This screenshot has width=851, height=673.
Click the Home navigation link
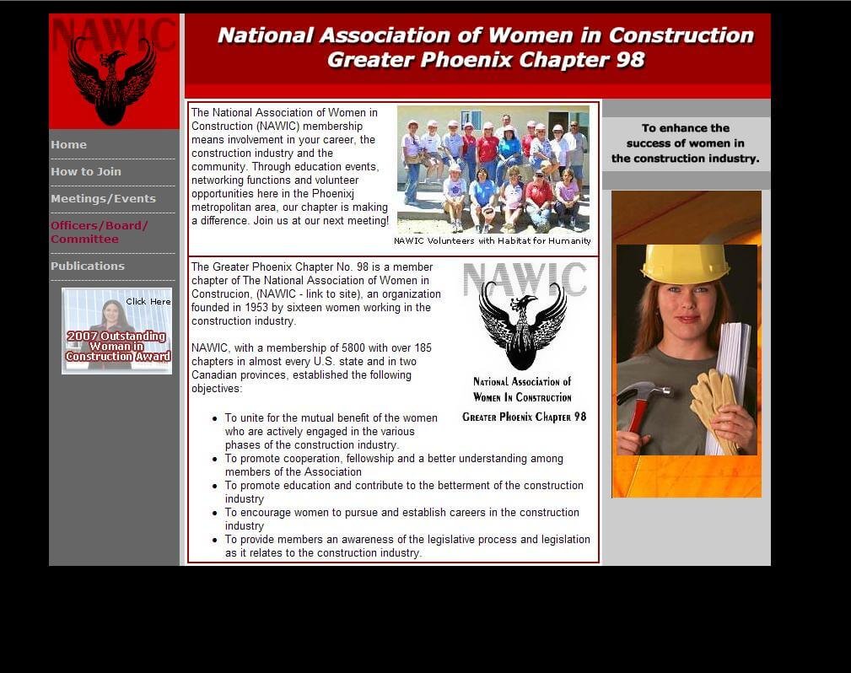click(x=68, y=145)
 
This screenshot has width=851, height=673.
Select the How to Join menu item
click(x=86, y=171)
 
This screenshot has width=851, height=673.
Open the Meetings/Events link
click(x=103, y=199)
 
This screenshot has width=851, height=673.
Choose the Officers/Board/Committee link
click(x=99, y=232)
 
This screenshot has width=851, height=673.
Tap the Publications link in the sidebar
click(x=88, y=266)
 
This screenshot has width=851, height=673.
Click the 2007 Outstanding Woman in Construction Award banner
click(x=116, y=331)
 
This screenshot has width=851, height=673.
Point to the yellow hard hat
click(x=685, y=264)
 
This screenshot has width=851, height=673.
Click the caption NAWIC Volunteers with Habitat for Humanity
click(x=493, y=241)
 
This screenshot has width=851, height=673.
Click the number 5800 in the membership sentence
click(x=353, y=348)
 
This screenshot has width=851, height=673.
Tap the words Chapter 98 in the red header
click(x=581, y=60)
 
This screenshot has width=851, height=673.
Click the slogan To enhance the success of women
click(x=685, y=143)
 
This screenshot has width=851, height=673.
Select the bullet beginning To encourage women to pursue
click(x=402, y=519)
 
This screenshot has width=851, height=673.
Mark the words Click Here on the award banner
click(x=148, y=302)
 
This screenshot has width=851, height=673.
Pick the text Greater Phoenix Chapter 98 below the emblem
click(x=525, y=417)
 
